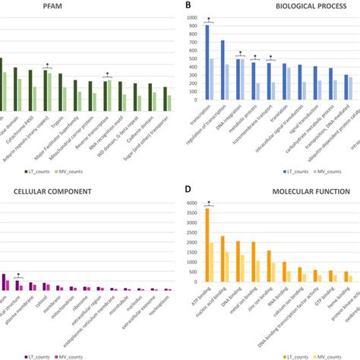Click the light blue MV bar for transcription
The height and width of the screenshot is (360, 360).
[212, 79]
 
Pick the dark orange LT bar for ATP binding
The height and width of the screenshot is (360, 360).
[207, 245]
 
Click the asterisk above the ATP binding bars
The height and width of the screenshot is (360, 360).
[208, 203]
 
